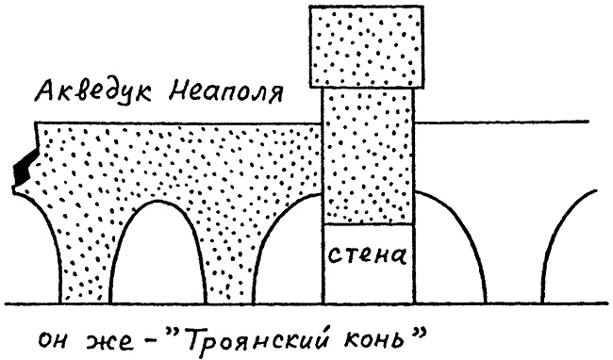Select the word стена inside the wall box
tap(368, 254)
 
